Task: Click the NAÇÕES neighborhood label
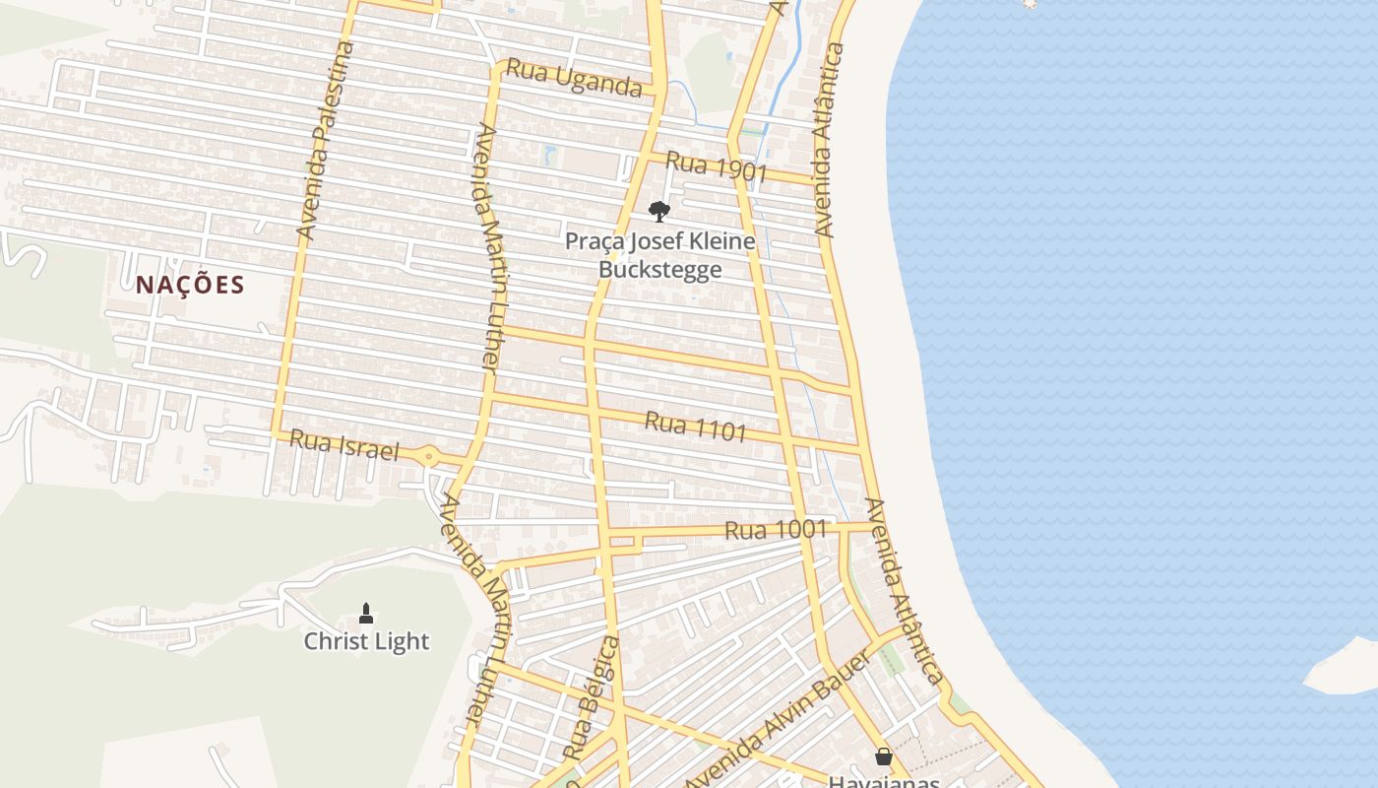tap(190, 286)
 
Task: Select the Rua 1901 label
tap(716, 167)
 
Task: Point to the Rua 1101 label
tap(695, 427)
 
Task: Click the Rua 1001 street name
tap(776, 530)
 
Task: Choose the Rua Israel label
tap(344, 445)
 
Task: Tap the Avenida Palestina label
tap(324, 141)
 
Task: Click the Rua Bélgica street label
tap(592, 697)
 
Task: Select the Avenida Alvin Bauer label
tap(778, 720)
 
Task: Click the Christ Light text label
tap(366, 641)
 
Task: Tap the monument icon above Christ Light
tap(366, 614)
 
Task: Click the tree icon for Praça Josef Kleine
tap(659, 211)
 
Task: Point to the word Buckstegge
tap(659, 270)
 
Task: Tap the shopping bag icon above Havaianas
tap(883, 756)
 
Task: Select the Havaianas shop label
tap(883, 782)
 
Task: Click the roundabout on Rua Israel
tap(429, 456)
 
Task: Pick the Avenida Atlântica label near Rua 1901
tap(828, 139)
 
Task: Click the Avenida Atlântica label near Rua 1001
tap(905, 591)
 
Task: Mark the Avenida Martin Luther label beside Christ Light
tap(474, 611)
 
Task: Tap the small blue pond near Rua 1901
tap(548, 154)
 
